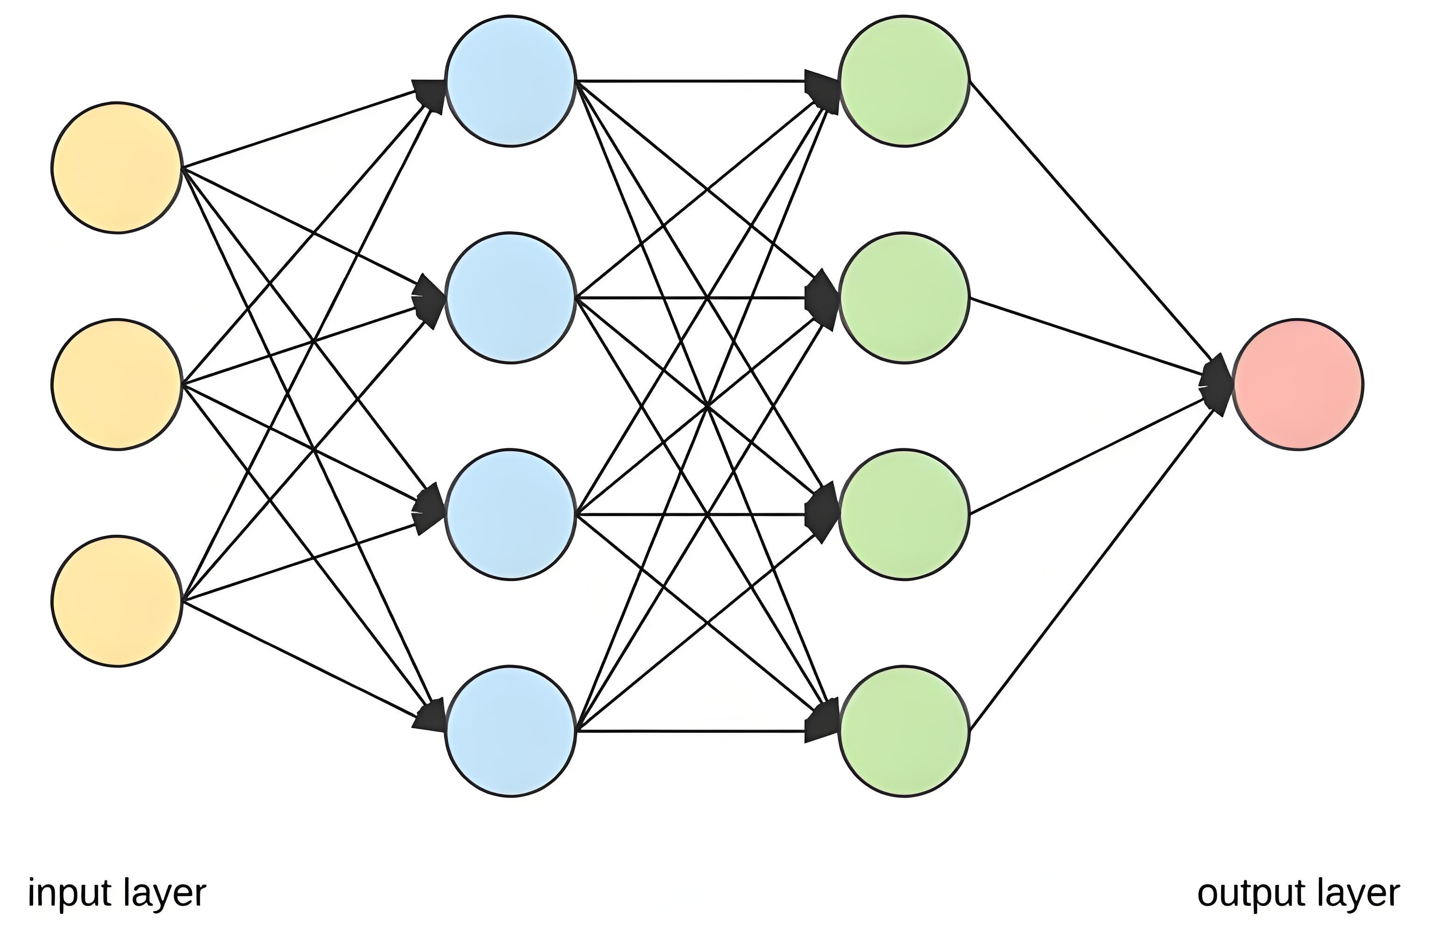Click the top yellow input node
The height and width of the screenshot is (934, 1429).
(x=116, y=168)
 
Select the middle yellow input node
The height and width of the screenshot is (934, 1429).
(x=116, y=384)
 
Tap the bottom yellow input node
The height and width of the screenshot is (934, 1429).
(x=116, y=601)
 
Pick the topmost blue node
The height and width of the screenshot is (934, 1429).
(x=511, y=81)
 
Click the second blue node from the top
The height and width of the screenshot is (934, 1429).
(x=511, y=298)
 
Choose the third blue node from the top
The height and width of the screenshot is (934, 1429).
(x=511, y=515)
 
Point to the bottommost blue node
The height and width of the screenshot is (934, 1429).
(x=511, y=731)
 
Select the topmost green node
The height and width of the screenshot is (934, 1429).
(x=904, y=81)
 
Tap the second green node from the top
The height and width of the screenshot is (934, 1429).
(x=904, y=298)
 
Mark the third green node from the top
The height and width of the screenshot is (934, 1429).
(x=904, y=515)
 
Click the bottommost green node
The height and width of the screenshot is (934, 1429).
(x=904, y=731)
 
